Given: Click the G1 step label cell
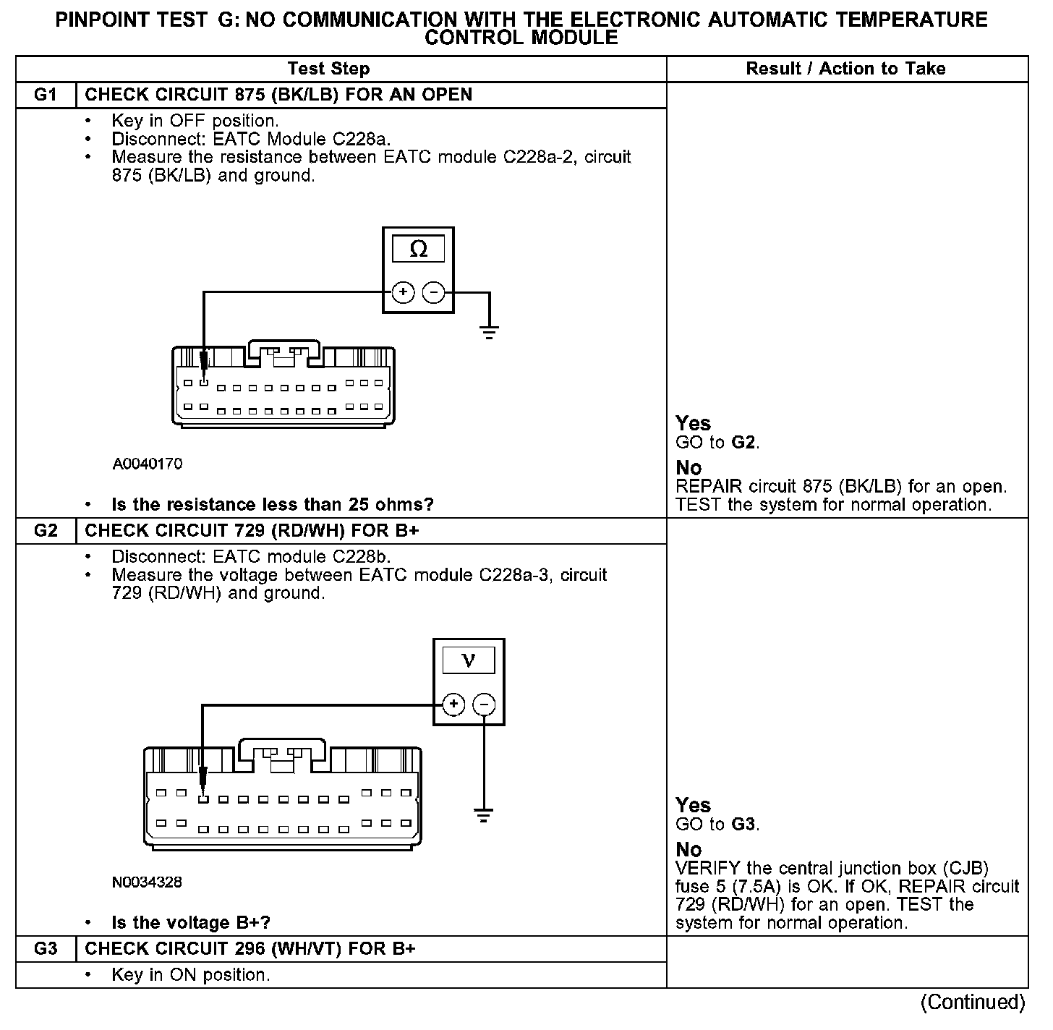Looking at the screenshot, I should click(45, 95).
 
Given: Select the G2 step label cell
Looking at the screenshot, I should click(45, 531).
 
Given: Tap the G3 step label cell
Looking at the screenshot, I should click(45, 949).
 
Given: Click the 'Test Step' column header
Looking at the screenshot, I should click(328, 69).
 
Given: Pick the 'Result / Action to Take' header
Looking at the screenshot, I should click(845, 69).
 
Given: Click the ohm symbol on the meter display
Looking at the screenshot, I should click(418, 250).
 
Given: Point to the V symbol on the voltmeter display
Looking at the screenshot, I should click(469, 660).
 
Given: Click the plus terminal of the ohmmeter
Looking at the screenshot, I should click(403, 293).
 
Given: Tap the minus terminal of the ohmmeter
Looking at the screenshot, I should click(433, 293).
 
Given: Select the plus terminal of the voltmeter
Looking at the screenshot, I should click(453, 705).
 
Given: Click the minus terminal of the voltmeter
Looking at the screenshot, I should click(484, 705).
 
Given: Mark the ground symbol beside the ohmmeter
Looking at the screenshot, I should click(490, 332).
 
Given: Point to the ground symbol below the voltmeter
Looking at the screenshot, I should click(484, 815).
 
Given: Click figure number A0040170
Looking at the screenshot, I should click(148, 464).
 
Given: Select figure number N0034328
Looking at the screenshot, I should click(148, 882).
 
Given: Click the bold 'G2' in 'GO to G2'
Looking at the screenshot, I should click(743, 442).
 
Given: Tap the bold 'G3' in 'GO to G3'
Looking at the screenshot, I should click(743, 824).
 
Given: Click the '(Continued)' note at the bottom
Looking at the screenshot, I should click(973, 1003).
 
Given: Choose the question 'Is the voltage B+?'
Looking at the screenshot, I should click(192, 923).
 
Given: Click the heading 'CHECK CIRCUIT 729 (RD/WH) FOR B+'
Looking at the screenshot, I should click(252, 531).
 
